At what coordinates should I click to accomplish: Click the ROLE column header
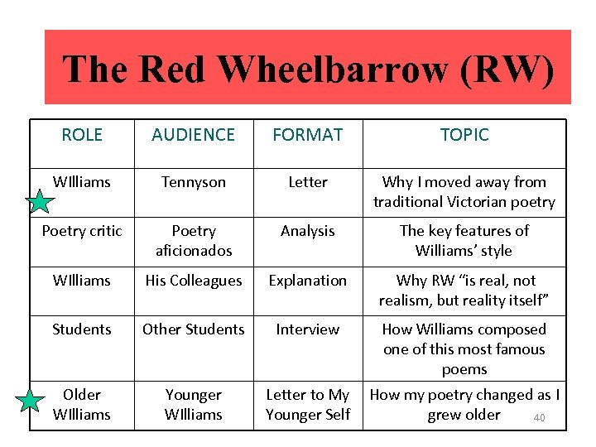[x=82, y=135]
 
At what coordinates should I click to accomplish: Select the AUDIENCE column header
[x=194, y=135]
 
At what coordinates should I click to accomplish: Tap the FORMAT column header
[x=308, y=135]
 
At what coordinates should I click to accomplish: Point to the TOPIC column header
[x=464, y=135]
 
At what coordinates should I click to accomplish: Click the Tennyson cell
[x=194, y=182]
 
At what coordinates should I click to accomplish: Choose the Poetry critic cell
[x=82, y=231]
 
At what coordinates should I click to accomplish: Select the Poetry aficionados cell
[x=194, y=240]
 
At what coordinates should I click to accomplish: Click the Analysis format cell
[x=308, y=231]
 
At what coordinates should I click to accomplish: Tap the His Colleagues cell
[x=194, y=281]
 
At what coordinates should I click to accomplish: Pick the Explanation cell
[x=308, y=281]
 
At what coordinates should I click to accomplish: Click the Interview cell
[x=308, y=329]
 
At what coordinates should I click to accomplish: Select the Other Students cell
[x=194, y=329]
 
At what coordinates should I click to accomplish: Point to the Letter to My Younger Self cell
[x=308, y=405]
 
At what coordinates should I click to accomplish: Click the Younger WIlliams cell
[x=194, y=405]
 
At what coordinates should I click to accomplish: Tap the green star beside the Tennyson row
[x=40, y=201]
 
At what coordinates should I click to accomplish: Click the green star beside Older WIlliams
[x=31, y=402]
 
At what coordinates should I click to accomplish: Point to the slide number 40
[x=539, y=418]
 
